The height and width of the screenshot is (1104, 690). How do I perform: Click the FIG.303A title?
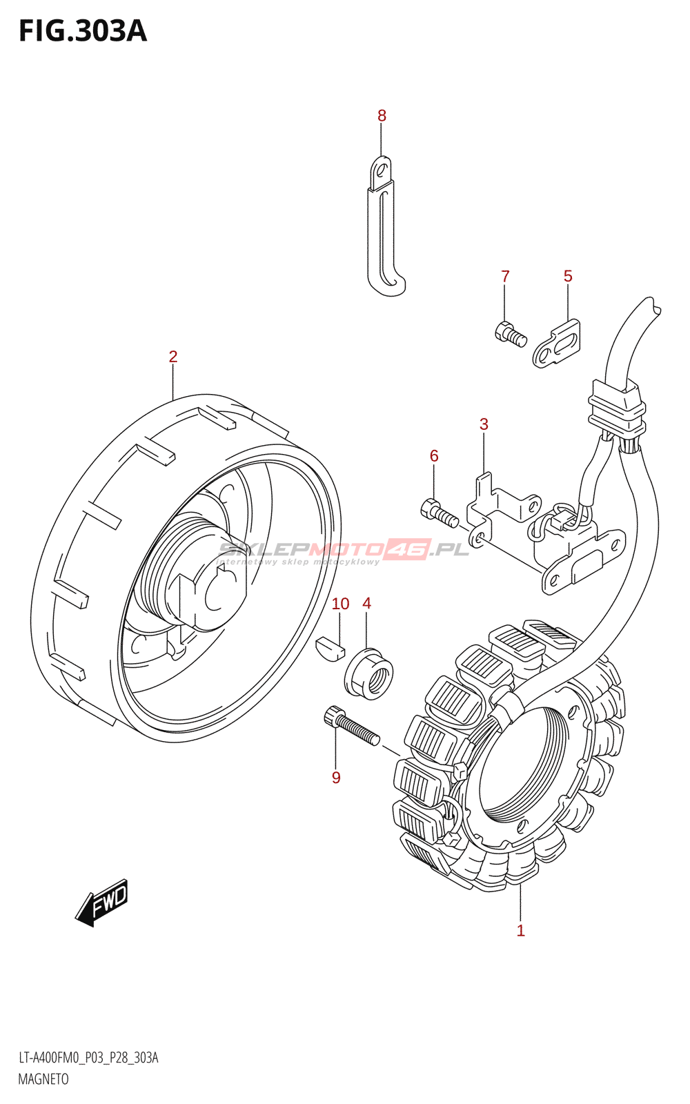coord(83,31)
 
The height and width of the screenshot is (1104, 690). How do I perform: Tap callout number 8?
coord(382,116)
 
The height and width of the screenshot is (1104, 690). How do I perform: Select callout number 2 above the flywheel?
coord(173,357)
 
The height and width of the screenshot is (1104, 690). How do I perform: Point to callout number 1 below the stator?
coord(521,931)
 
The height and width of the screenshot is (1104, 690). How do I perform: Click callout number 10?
coord(340,604)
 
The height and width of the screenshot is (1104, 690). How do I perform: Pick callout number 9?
coord(336,778)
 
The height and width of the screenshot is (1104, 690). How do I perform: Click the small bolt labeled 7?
coord(511,335)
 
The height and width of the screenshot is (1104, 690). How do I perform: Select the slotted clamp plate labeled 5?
coord(557,344)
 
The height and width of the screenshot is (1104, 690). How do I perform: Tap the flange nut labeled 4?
coord(368,673)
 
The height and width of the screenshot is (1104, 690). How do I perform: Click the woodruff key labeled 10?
coord(330,649)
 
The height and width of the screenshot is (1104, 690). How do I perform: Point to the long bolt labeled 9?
coord(351,727)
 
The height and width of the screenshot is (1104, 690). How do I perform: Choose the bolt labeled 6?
coord(438,513)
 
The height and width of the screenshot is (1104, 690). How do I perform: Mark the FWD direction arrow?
coord(102,902)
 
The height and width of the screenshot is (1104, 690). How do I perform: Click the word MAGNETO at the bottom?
coord(43,1080)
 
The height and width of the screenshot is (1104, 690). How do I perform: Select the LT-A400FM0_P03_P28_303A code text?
coord(88,1058)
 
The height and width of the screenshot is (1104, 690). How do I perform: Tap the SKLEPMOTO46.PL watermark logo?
coord(343,550)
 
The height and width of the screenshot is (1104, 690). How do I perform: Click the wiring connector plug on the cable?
coord(617,412)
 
